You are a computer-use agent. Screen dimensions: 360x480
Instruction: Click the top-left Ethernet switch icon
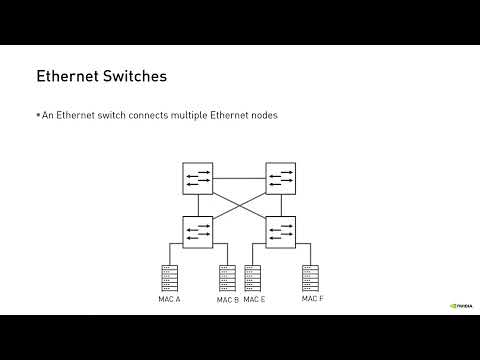tap(198, 178)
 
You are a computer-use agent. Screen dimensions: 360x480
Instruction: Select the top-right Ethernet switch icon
tap(280, 178)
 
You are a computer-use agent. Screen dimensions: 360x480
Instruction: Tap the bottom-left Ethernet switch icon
tap(198, 231)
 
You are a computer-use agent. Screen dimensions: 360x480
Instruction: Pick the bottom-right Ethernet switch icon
tap(280, 231)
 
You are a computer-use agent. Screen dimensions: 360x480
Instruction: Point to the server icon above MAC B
tap(227, 278)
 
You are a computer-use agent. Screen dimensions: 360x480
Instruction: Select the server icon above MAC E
tap(253, 278)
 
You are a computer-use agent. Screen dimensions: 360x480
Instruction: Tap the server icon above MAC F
tap(312, 278)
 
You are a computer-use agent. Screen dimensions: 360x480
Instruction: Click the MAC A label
tap(169, 299)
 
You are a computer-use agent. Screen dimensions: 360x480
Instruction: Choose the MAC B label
tap(228, 299)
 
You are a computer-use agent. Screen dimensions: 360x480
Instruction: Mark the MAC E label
tap(254, 299)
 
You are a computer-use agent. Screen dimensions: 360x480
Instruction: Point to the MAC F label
tap(313, 298)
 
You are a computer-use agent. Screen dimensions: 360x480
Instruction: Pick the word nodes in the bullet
tap(263, 115)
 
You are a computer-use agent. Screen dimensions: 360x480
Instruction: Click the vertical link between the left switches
tap(198, 205)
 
